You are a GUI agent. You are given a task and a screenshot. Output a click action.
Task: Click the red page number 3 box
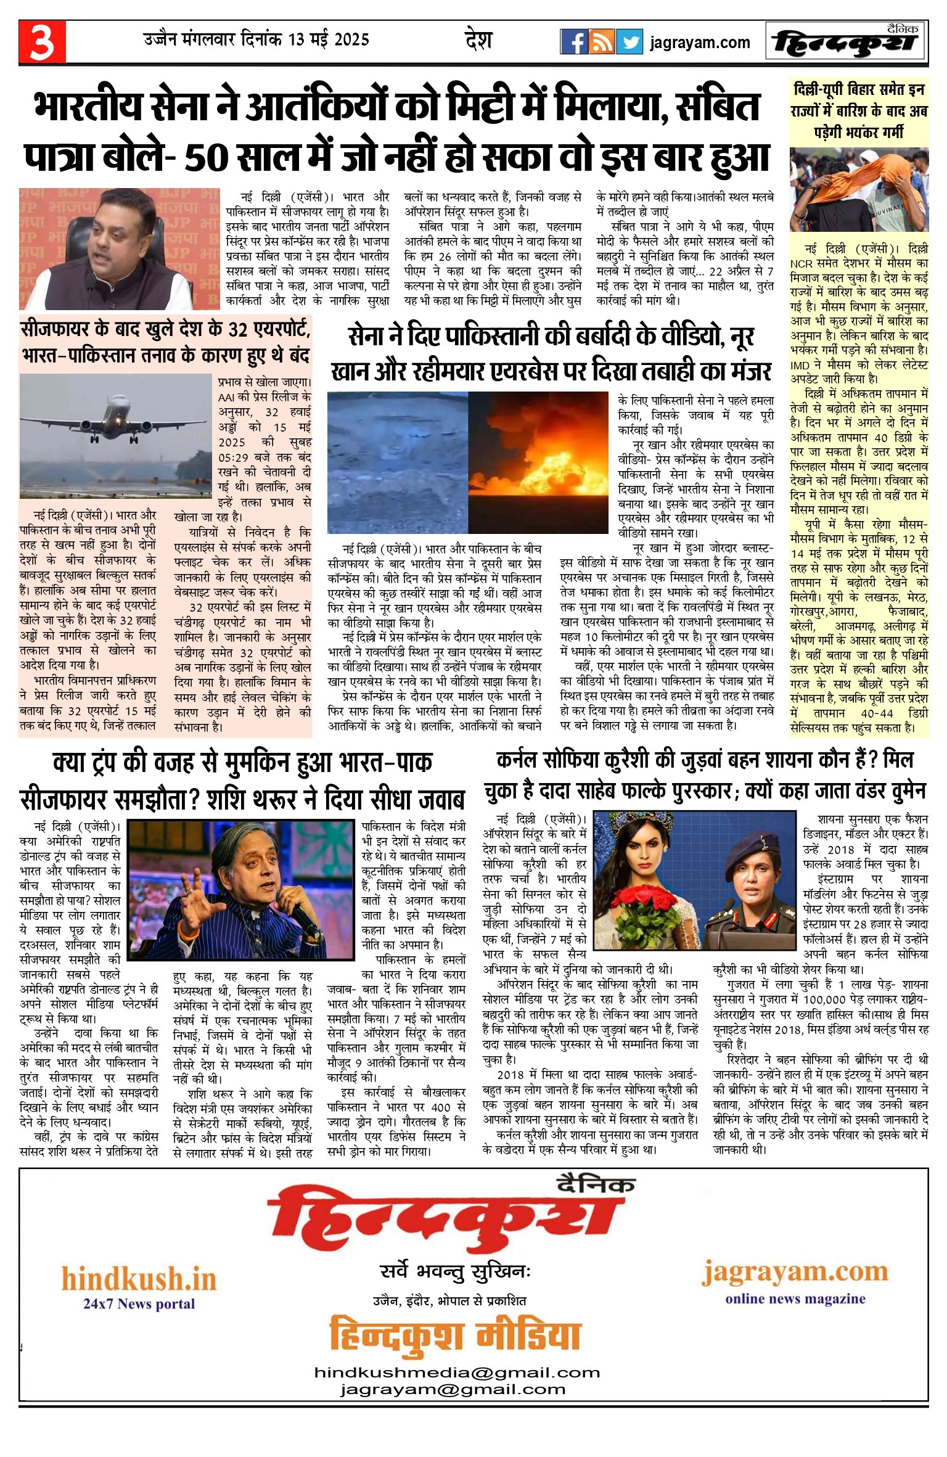[x=42, y=42]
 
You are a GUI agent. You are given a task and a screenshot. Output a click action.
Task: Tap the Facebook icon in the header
[x=573, y=42]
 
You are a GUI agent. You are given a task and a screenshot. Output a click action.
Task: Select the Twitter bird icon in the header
[x=629, y=42]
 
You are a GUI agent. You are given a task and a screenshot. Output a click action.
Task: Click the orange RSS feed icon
[x=601, y=42]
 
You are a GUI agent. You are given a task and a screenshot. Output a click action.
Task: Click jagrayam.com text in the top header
[x=700, y=43]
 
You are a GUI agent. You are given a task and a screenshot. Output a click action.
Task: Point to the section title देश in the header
[x=478, y=41]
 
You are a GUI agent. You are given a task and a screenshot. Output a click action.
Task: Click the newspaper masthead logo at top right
[x=846, y=42]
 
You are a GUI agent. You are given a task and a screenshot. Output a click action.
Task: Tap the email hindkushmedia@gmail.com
[x=457, y=1372]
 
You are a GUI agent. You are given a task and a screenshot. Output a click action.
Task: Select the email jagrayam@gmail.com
[x=453, y=1389]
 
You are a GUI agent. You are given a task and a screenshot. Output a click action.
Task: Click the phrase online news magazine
[x=795, y=1299]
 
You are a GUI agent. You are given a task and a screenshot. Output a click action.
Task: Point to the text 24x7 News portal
[x=139, y=1303]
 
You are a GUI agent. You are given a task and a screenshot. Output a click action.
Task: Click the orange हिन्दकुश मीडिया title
[x=455, y=1335]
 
